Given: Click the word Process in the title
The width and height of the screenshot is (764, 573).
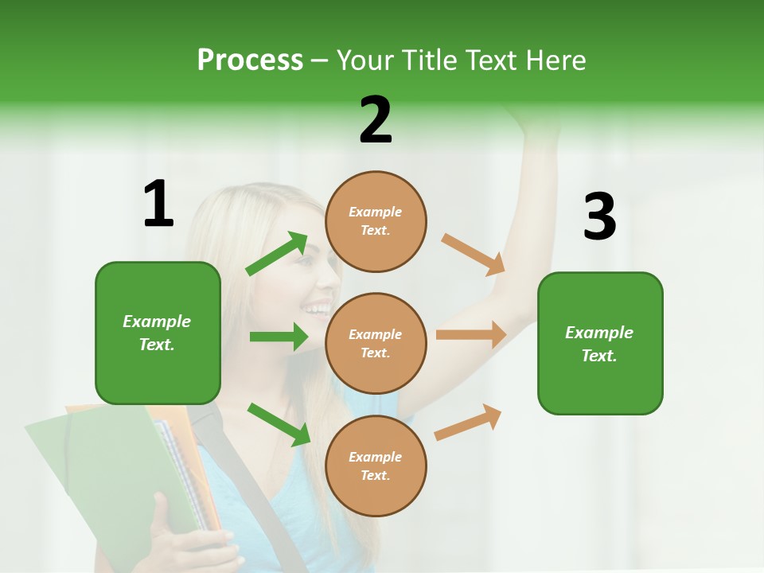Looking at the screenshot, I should [x=250, y=60].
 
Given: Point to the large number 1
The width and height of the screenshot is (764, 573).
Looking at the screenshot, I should [x=158, y=204].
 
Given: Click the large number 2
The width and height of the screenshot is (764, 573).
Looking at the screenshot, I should [x=376, y=120].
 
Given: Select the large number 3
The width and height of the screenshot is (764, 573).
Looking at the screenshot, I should [x=599, y=216].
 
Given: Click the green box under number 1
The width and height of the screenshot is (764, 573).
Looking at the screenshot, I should [x=158, y=333].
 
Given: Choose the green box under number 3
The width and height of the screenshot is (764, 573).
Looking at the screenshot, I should [x=600, y=343].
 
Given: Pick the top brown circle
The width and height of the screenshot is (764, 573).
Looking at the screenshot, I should [x=376, y=221].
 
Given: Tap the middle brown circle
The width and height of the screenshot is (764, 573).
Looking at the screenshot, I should [x=376, y=343].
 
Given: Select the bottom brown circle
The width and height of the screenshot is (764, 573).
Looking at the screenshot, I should [x=376, y=466].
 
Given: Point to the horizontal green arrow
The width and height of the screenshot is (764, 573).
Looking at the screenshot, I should [x=279, y=337].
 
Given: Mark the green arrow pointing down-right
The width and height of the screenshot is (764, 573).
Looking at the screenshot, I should [x=279, y=424].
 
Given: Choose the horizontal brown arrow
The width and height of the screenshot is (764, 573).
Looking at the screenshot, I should [x=471, y=335].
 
